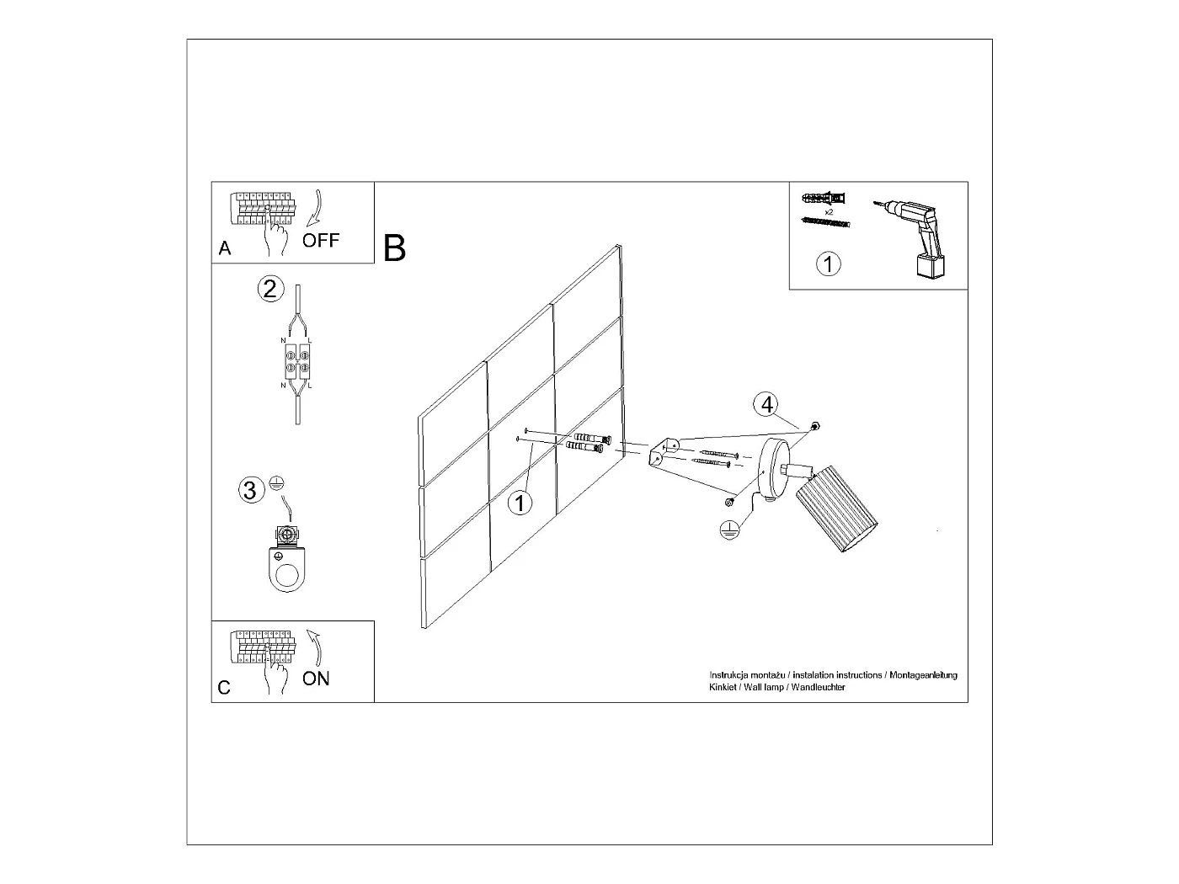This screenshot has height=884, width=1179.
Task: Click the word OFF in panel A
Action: coord(321,241)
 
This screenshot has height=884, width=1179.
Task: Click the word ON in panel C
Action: coord(316,678)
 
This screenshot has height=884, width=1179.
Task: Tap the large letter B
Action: coord(394,248)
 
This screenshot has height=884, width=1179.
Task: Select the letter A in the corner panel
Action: coord(224,248)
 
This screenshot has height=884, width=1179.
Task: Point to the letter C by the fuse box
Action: coord(224,688)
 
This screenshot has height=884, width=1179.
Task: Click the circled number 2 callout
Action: coord(269,289)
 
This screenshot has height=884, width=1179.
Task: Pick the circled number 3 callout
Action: coord(249,489)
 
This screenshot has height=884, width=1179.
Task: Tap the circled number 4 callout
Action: coord(766,404)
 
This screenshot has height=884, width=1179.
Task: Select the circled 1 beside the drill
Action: coord(829,264)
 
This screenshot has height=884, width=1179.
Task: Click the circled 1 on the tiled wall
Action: coord(520,503)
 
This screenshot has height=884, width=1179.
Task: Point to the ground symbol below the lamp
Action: coord(729,530)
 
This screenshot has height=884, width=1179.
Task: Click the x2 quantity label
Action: coord(829,211)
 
